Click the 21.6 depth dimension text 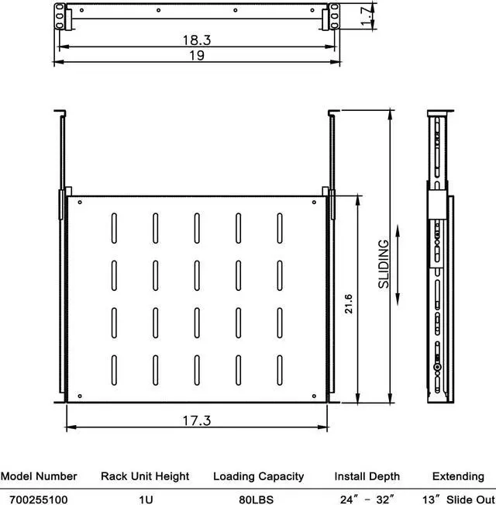[350, 302]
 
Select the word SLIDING [384, 264]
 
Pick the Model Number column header [39, 476]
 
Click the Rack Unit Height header [146, 476]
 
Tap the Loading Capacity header [259, 476]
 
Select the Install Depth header [367, 476]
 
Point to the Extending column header [459, 476]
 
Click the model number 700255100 [39, 498]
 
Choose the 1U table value [146, 498]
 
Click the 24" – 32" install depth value [367, 498]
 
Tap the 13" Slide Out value [458, 498]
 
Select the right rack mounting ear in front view [334, 13]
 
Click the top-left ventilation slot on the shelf [114, 225]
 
